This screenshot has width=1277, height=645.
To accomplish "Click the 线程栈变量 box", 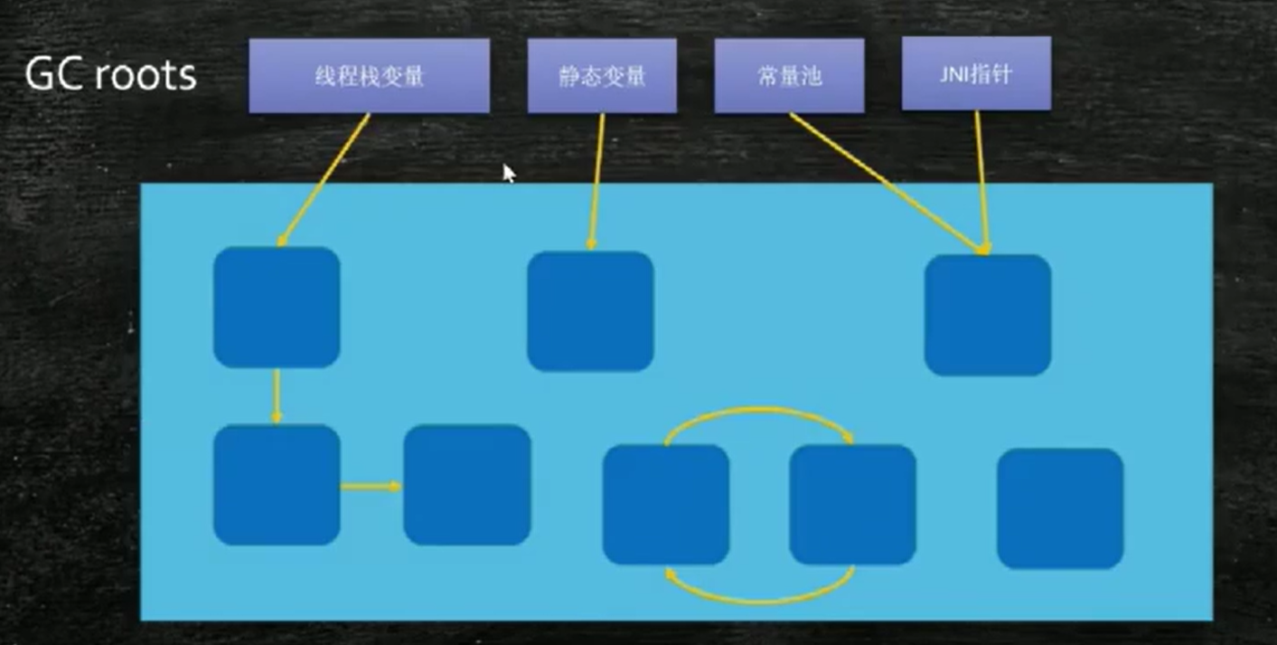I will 369,76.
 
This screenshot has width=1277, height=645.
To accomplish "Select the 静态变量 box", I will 602,76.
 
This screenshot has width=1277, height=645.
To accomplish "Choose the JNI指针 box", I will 976,74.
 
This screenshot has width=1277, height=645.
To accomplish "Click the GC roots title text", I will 110,75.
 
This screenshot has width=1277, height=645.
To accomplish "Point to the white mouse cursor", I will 509,173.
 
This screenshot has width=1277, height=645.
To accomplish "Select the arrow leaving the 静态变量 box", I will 596,181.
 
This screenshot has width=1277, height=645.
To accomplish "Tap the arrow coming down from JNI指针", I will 981,181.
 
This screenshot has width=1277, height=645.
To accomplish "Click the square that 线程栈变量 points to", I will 277,307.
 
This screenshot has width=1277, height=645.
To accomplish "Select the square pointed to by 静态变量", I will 590,311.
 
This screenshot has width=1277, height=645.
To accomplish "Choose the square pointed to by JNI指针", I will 987,314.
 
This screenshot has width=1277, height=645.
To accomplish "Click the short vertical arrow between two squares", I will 277,395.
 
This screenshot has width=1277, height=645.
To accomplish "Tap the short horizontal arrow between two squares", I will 371,487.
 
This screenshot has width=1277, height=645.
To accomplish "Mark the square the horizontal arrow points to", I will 466,485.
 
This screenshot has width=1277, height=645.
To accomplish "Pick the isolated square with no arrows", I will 1060,508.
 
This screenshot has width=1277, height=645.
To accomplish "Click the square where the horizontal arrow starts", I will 277,485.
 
